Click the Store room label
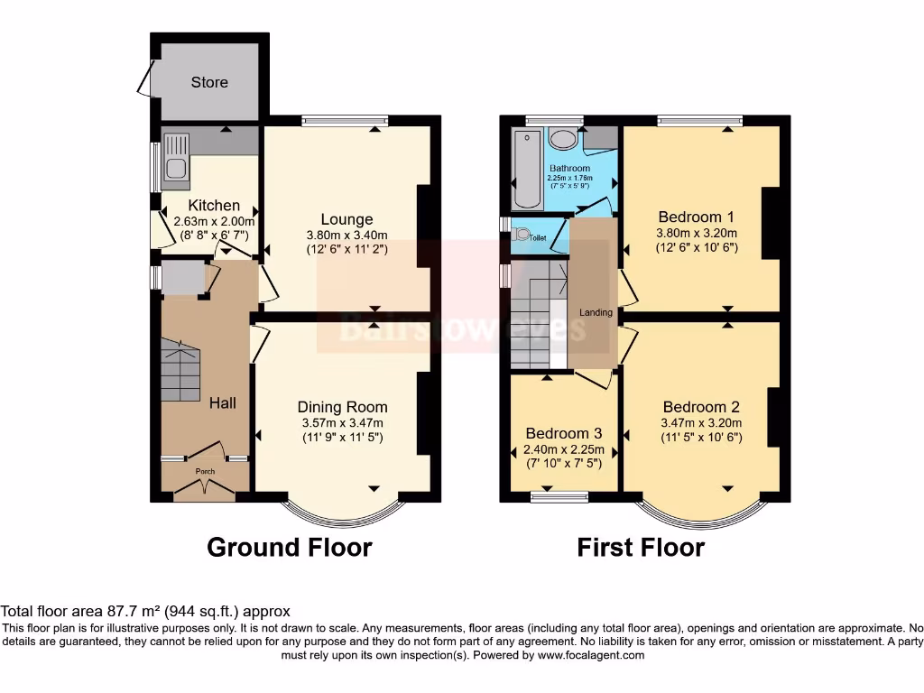pos(209,82)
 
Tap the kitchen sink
pos(177,156)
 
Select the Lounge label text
pos(346,219)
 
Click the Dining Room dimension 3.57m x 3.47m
pos(342,422)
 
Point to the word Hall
pos(223,402)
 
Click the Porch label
pos(205,471)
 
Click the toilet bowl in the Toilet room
pos(521,235)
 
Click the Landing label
pos(596,313)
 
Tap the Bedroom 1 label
pos(696,217)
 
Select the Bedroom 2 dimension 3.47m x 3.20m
pos(700,422)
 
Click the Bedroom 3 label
pos(563,432)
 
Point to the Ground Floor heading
pos(289,547)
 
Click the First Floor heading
pos(641,547)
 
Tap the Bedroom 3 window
pos(559,494)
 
